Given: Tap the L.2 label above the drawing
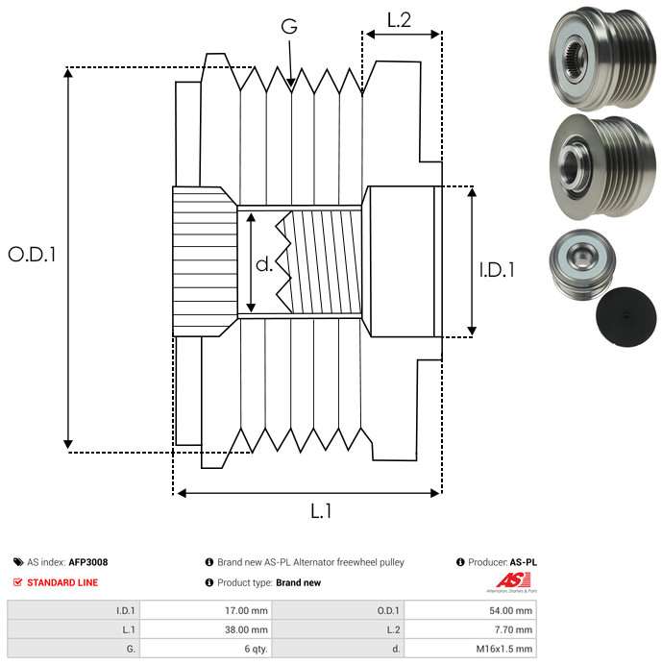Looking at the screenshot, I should click(399, 20).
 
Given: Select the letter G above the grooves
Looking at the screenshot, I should click(289, 28).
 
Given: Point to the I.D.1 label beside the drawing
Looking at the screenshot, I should click(497, 270).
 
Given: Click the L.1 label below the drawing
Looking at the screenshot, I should click(321, 511).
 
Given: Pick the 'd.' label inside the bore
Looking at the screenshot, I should click(264, 264).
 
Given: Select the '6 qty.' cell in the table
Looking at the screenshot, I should click(255, 649).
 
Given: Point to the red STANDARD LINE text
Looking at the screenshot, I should click(62, 582).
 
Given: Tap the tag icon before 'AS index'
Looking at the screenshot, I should click(18, 562).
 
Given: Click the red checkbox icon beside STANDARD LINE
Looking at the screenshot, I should click(18, 582).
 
